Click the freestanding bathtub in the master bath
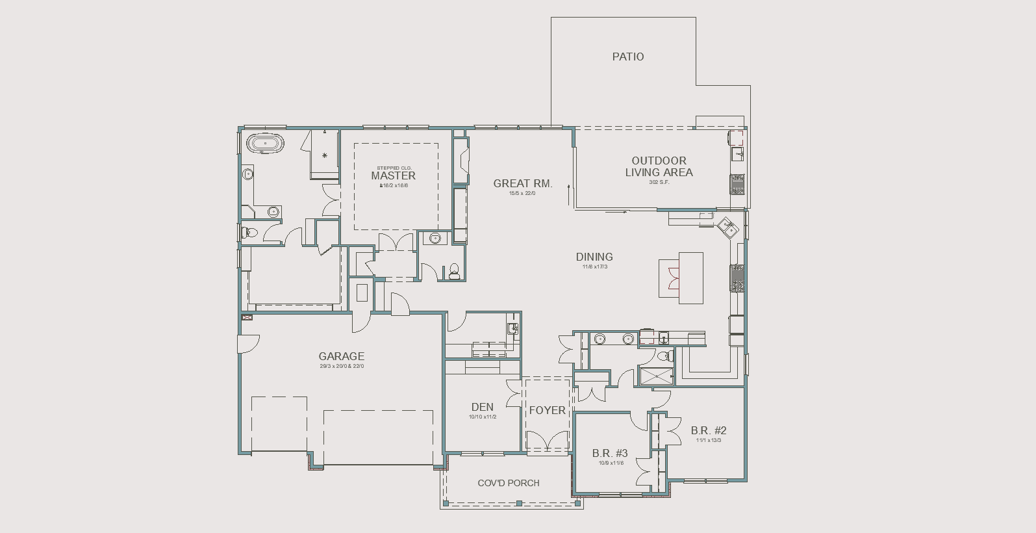click(265, 144)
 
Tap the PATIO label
click(628, 57)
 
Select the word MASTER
click(393, 175)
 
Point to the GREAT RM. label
click(522, 183)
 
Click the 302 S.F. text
click(659, 182)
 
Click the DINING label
click(594, 257)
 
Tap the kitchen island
click(690, 278)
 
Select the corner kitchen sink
click(727, 226)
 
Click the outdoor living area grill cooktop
click(738, 184)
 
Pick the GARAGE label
click(341, 356)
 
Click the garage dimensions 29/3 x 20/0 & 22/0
click(341, 366)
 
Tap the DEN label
click(482, 407)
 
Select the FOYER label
click(547, 410)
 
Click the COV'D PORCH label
click(508, 483)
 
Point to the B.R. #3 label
click(609, 453)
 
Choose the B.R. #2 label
click(708, 430)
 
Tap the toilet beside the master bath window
click(249, 232)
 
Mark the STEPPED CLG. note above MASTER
click(394, 168)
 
